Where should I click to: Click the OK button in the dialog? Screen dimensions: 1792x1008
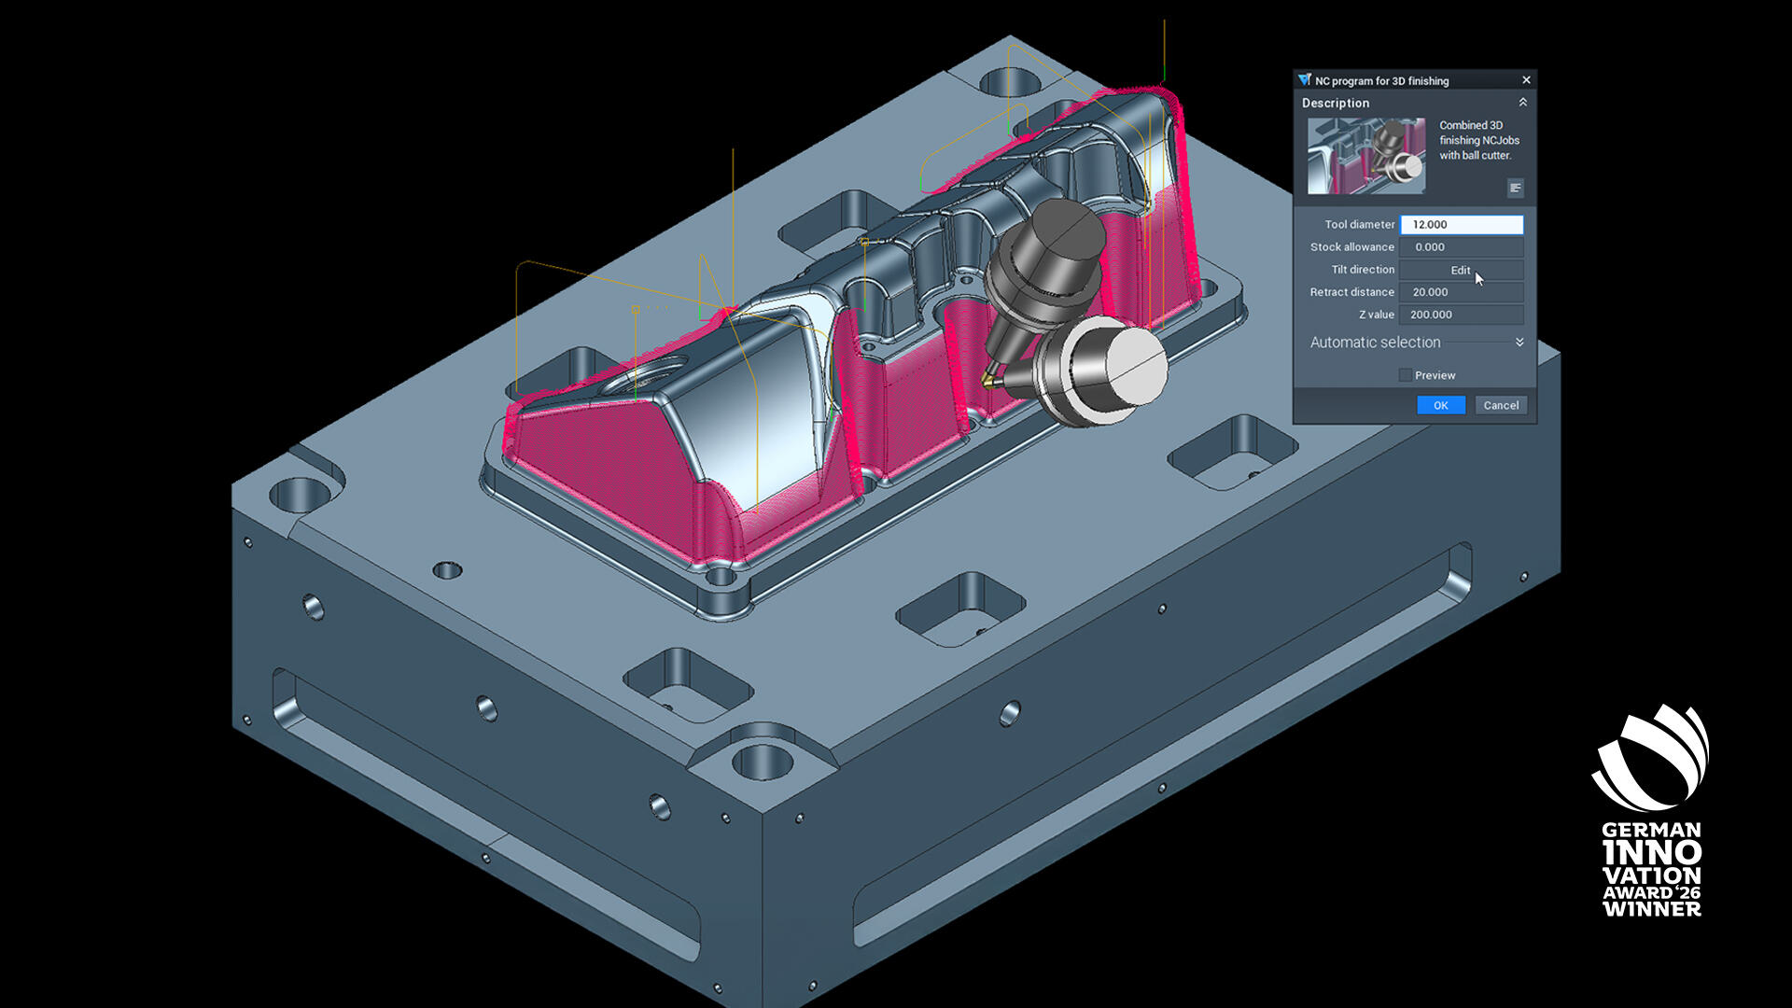[x=1441, y=405]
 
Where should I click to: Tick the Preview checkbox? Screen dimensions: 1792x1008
[x=1405, y=375]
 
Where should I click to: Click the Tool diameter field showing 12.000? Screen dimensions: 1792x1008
[x=1462, y=225]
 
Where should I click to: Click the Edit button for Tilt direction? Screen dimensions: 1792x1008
[x=1462, y=270]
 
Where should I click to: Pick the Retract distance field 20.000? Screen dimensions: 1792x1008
[x=1462, y=292]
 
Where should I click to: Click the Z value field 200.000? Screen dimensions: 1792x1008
[x=1462, y=315]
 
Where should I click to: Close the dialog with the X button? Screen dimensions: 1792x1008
[x=1526, y=80]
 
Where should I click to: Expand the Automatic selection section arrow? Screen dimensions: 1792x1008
[x=1519, y=343]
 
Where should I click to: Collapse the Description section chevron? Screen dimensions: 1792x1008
[x=1522, y=103]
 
